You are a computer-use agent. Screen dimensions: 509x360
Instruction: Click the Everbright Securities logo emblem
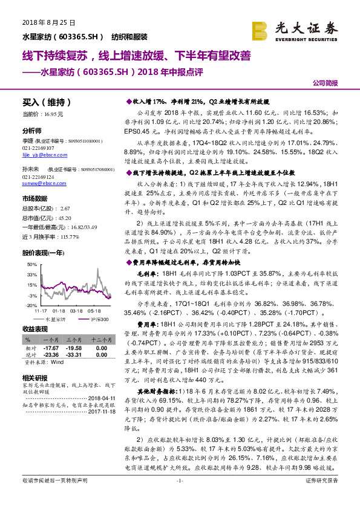coord(260,30)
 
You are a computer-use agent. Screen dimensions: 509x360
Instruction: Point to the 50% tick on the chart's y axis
coord(31,265)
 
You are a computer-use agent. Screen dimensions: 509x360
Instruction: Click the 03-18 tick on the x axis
coord(76,311)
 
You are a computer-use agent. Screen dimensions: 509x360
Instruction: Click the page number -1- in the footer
coord(180,497)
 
